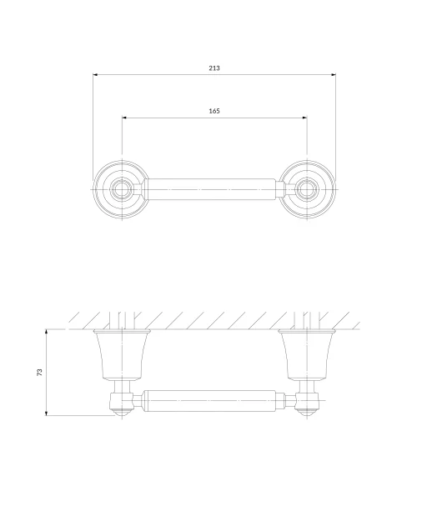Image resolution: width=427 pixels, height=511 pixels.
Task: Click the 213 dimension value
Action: coord(214,68)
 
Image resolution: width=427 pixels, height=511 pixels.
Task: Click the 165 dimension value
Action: coord(214,111)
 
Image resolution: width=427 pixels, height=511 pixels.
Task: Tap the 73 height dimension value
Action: coord(39,372)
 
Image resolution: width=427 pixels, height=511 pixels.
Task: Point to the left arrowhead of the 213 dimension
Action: coord(96,75)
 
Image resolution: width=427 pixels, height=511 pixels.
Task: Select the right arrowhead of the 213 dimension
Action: coord(333,75)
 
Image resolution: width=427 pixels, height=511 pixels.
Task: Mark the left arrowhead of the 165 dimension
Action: coord(124,118)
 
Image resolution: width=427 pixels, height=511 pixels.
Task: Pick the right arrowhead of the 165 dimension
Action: coord(304,118)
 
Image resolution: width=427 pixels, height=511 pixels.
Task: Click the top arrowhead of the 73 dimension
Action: coord(46,332)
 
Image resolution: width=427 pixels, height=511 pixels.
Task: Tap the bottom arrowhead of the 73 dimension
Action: coord(46,413)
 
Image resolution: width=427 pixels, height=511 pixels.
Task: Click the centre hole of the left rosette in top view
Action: coord(122,189)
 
